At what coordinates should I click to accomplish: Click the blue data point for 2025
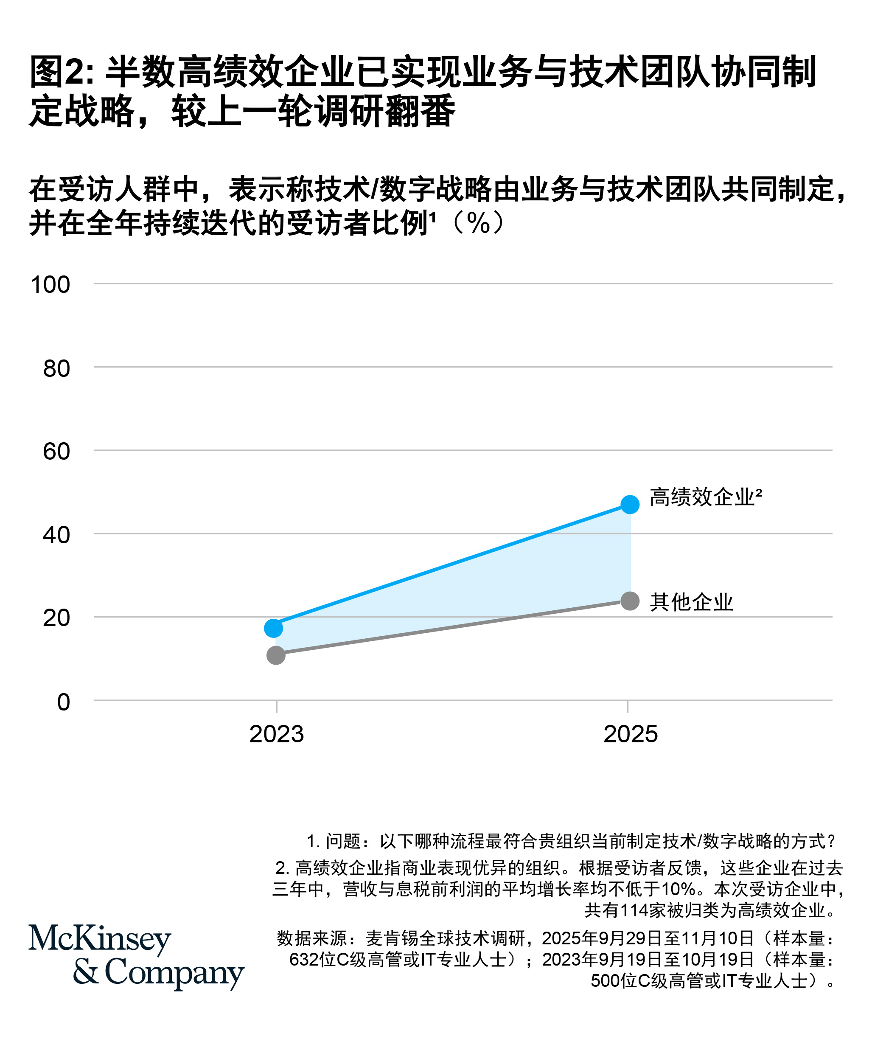(x=630, y=504)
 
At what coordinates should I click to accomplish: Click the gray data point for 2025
(x=630, y=601)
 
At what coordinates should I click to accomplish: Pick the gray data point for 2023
(x=275, y=656)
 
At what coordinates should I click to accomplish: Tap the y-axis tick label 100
(x=50, y=285)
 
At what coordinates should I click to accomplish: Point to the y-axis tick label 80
(x=56, y=368)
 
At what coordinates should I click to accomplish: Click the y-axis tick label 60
(x=56, y=452)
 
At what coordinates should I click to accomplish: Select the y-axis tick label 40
(x=56, y=535)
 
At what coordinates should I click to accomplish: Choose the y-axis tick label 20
(x=56, y=618)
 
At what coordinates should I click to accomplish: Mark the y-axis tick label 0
(x=63, y=702)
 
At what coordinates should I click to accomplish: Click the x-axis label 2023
(x=277, y=734)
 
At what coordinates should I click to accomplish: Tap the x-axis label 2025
(x=631, y=734)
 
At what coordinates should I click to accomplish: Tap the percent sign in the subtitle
(x=478, y=224)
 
